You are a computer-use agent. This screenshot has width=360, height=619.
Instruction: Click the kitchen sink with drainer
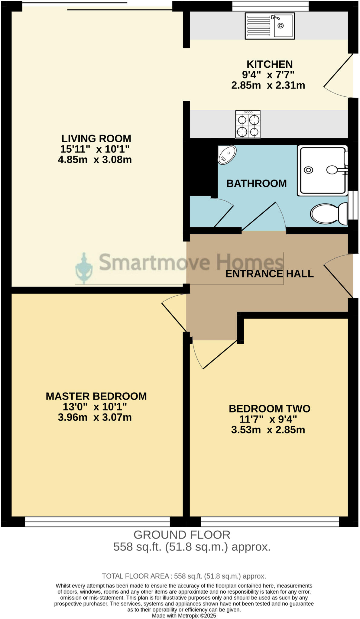click(x=270, y=26)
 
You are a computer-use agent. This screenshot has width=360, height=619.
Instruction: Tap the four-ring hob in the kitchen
click(x=248, y=124)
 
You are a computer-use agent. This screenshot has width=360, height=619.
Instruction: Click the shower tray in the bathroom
click(x=322, y=170)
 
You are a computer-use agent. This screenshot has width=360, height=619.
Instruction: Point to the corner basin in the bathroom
click(x=227, y=155)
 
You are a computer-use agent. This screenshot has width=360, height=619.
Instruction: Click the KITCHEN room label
click(x=270, y=64)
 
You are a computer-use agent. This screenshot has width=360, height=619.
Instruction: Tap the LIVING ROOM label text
click(x=96, y=138)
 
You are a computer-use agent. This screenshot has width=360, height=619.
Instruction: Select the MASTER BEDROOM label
click(x=96, y=396)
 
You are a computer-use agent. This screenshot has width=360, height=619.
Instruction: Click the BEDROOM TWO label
click(x=269, y=409)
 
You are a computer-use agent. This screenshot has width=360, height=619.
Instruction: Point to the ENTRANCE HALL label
click(x=269, y=274)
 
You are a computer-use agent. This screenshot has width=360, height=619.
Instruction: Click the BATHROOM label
click(x=256, y=183)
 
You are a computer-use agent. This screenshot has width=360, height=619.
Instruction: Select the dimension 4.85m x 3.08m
click(x=95, y=160)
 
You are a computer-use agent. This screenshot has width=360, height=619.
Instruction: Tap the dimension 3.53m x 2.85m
click(x=268, y=430)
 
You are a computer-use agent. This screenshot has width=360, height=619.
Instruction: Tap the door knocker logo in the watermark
click(x=84, y=269)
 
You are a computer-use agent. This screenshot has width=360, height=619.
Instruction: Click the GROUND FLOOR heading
click(x=182, y=535)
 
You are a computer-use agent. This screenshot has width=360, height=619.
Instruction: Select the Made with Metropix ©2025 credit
click(x=184, y=616)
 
